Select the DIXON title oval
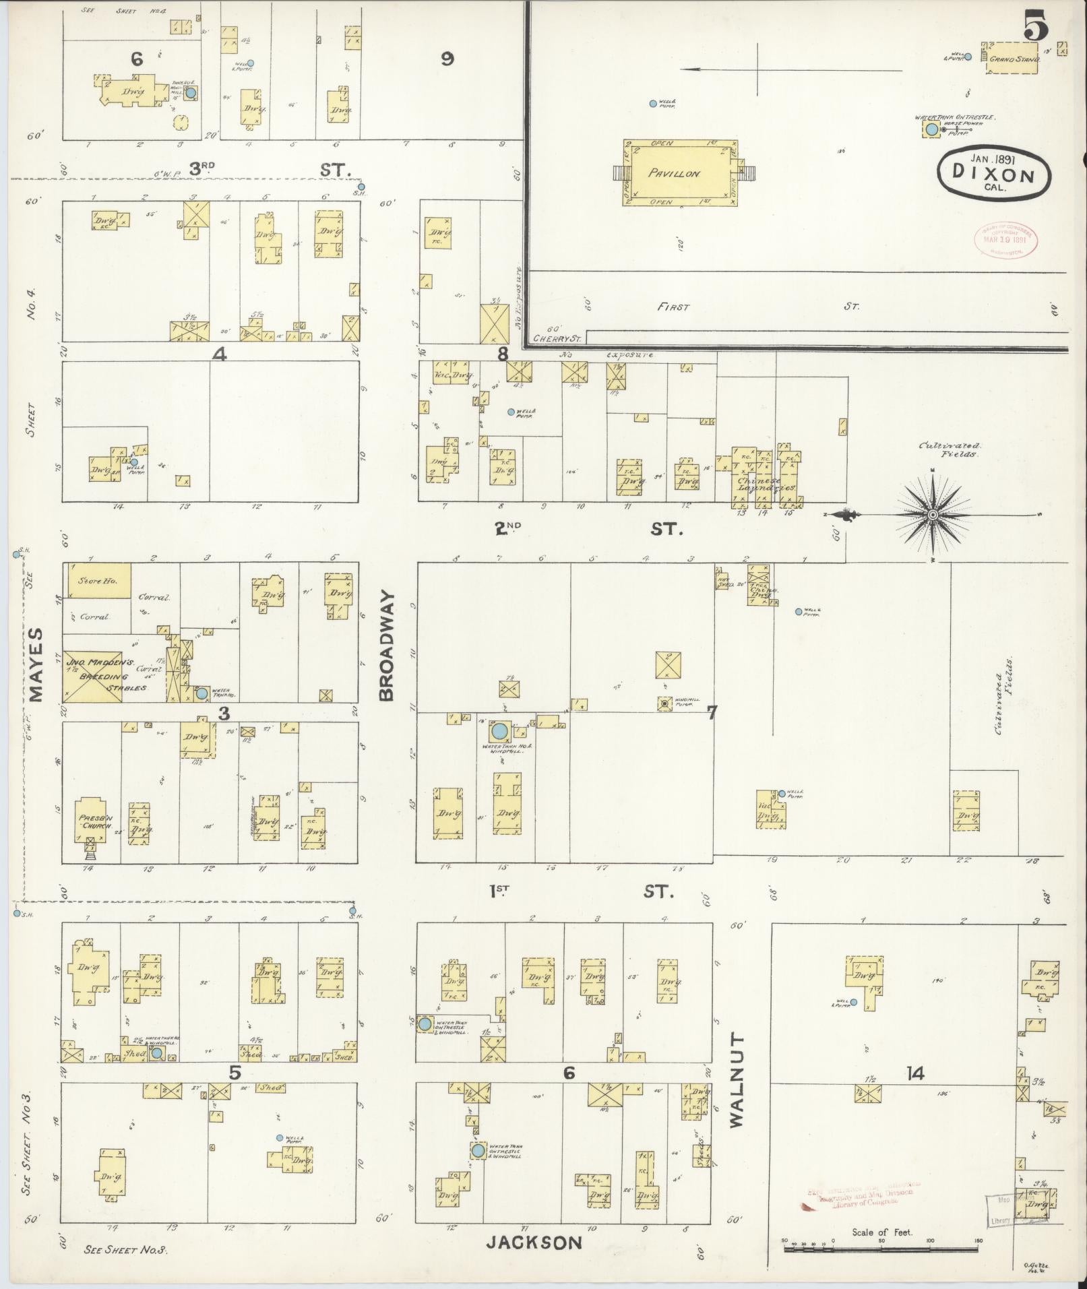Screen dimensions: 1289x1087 point(993,173)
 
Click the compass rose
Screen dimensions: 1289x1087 point(933,515)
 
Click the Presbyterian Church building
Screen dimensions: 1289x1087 point(91,822)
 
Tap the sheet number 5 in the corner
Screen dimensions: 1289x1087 point(1036,28)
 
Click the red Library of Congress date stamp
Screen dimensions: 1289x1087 point(1005,239)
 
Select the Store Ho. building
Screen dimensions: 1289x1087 point(97,580)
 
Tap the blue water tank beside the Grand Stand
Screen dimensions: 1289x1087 point(931,129)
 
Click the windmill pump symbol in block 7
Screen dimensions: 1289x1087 point(665,703)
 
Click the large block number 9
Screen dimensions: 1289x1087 point(447,59)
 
